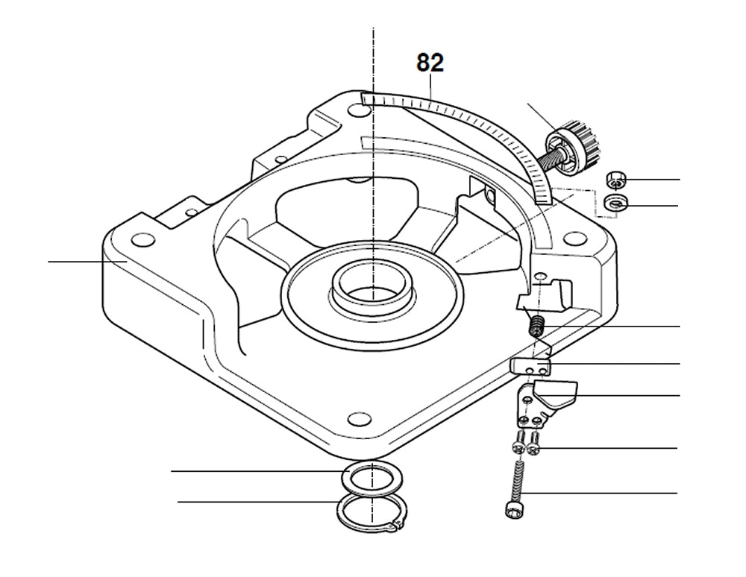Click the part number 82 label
click(x=430, y=63)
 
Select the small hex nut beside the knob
click(x=615, y=179)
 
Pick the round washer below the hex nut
click(x=616, y=202)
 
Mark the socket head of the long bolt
click(x=510, y=510)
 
